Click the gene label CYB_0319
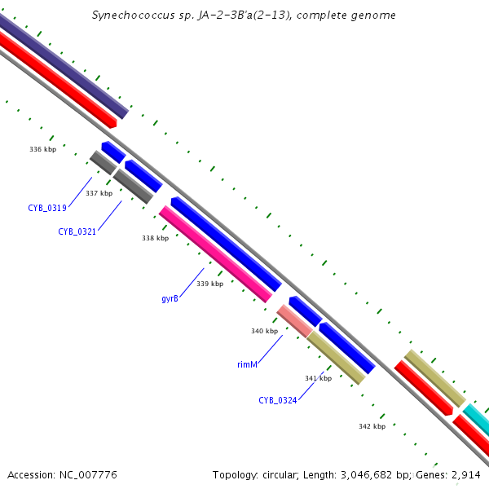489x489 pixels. tap(46, 208)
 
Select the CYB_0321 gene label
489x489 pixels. tap(77, 231)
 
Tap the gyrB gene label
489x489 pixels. tap(170, 298)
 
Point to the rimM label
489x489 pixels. tap(247, 364)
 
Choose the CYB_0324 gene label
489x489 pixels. tap(278, 400)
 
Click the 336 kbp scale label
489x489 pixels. tap(42, 149)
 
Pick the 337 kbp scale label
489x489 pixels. tap(99, 193)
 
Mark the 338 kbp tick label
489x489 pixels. tap(155, 238)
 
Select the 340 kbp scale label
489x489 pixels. tap(264, 331)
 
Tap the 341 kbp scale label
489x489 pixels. tap(318, 378)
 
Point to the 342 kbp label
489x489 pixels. tap(372, 426)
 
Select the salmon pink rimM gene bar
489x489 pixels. tap(294, 320)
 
